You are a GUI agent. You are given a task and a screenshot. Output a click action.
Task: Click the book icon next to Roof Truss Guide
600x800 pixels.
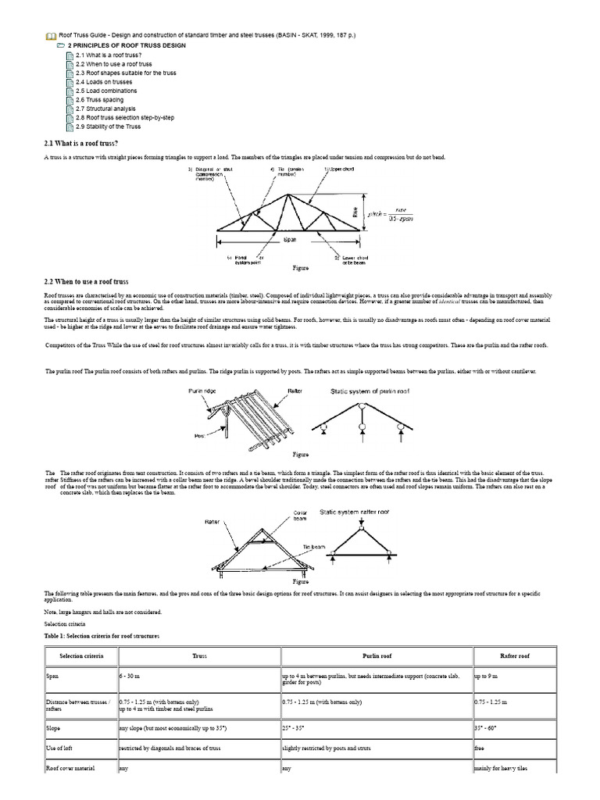[x=51, y=36]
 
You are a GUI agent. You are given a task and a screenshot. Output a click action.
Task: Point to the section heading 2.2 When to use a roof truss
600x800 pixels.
[x=87, y=281]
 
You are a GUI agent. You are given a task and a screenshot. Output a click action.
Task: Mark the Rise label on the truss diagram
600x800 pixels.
[x=377, y=209]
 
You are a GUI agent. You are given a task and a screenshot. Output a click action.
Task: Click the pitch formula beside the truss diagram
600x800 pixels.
[x=407, y=209]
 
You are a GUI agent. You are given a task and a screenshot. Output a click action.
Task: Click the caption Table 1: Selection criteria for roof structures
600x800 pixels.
[x=101, y=636]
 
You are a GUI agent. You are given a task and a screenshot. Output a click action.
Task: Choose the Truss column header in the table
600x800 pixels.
[x=198, y=656]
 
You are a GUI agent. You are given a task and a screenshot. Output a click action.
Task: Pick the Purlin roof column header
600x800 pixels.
[x=376, y=656]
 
